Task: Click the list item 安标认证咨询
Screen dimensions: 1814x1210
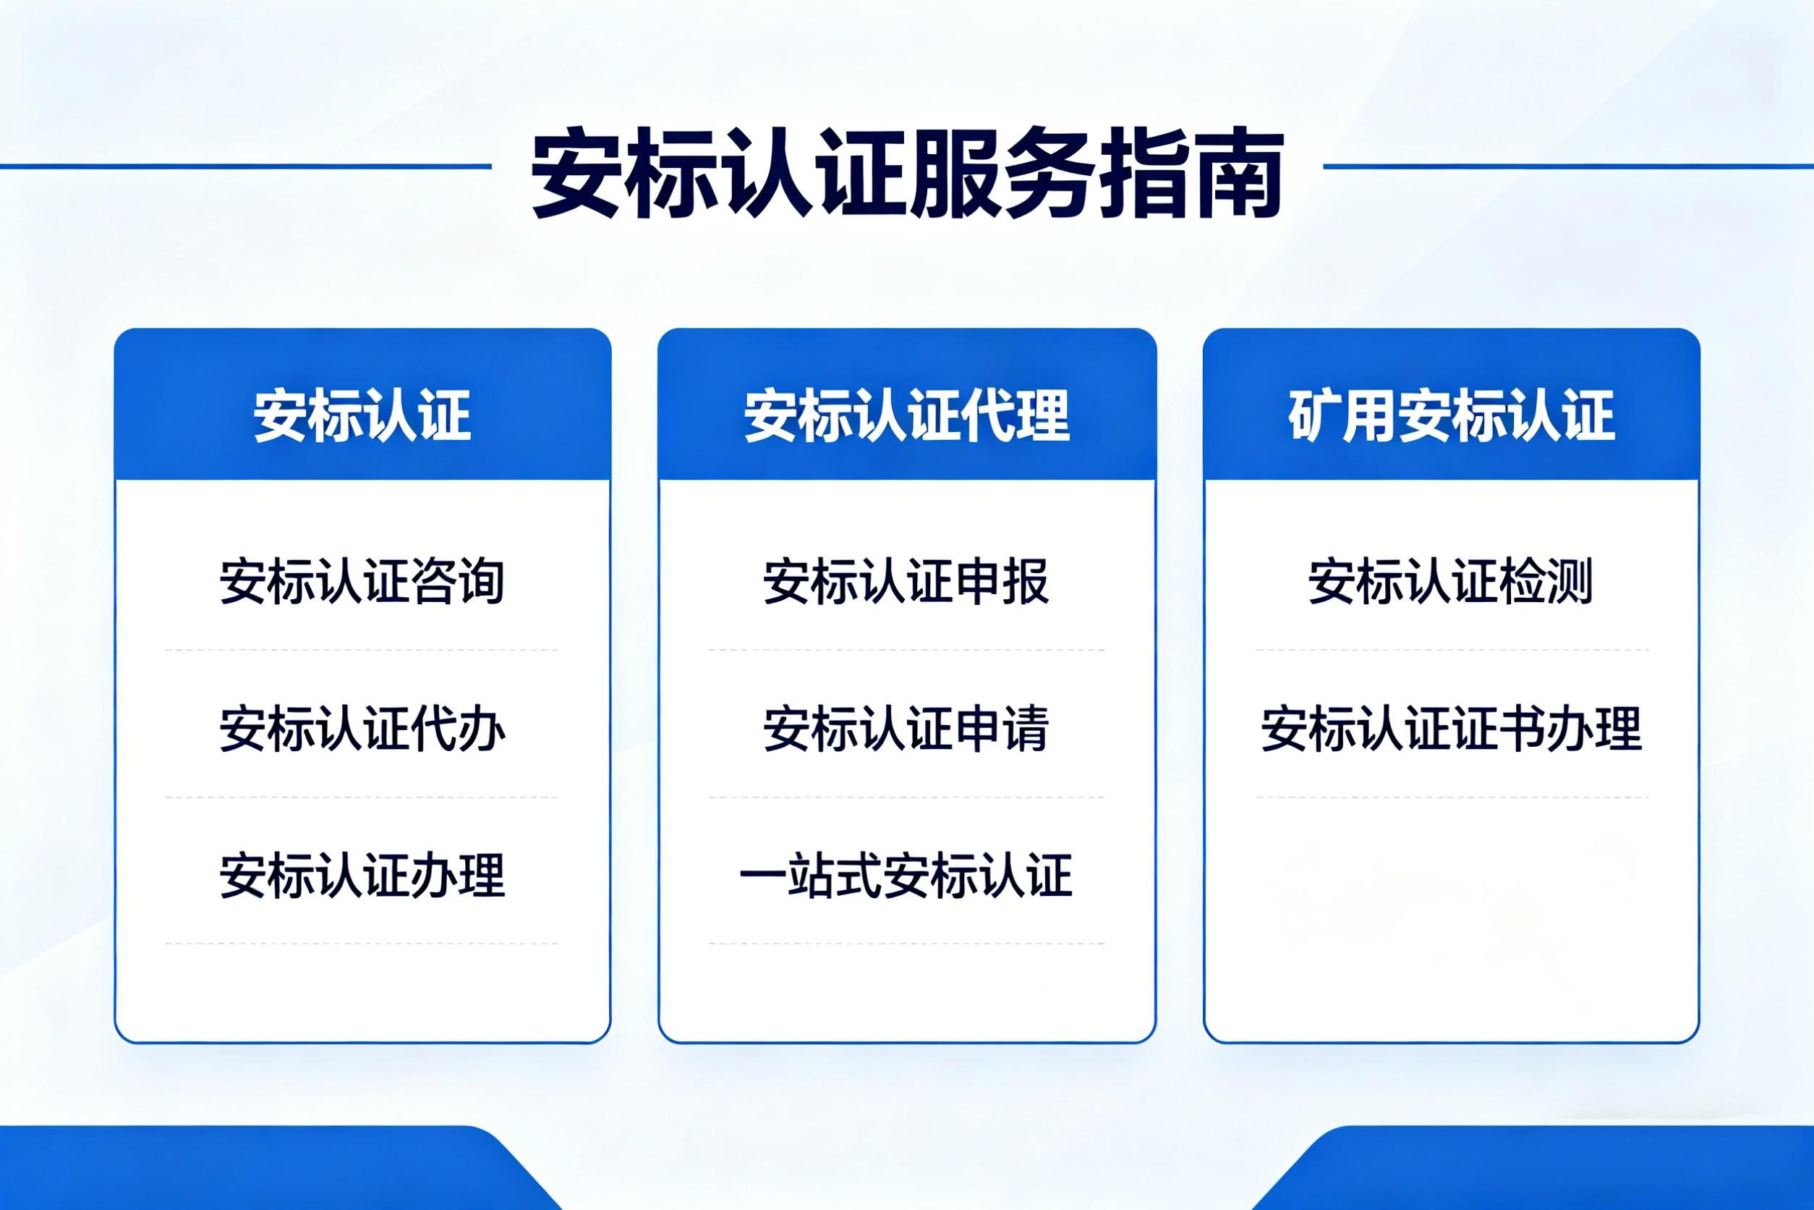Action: [x=362, y=581]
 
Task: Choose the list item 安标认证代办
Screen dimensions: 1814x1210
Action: [x=362, y=729]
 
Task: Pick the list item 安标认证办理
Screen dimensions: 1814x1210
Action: [x=362, y=875]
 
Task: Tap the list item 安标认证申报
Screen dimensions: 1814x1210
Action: [x=906, y=581]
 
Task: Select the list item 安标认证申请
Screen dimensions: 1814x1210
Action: [x=906, y=729]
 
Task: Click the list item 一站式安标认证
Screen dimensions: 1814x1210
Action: [x=906, y=875]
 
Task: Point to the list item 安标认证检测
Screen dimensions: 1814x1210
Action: [x=1451, y=581]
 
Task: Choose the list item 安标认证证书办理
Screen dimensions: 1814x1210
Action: [x=1452, y=729]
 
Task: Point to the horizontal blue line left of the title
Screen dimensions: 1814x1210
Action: [x=245, y=166]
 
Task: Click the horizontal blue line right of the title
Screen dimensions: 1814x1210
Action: [x=1569, y=166]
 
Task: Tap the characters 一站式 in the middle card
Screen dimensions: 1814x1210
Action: [x=810, y=875]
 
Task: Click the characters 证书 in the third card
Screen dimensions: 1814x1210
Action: [x=1499, y=729]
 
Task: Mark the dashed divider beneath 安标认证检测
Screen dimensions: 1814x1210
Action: [x=1452, y=650]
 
